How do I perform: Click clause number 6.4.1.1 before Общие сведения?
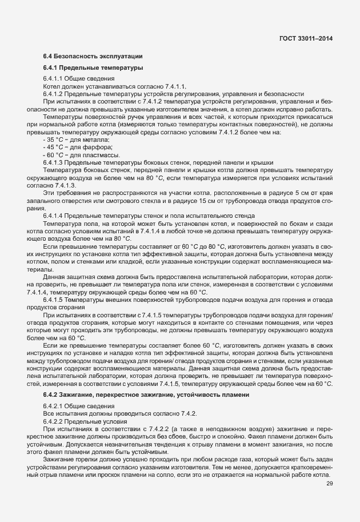coord(53,78)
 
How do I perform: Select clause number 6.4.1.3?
coord(53,162)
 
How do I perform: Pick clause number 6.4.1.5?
coord(53,300)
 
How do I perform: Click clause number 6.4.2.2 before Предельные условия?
coord(53,420)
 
